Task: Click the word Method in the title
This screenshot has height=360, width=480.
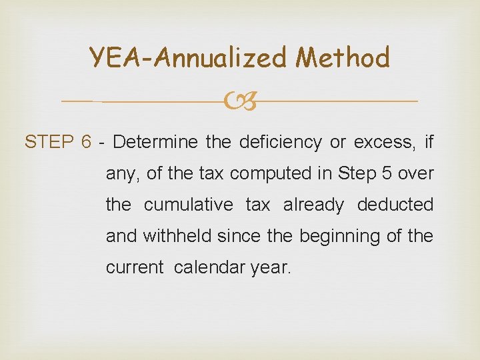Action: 343,57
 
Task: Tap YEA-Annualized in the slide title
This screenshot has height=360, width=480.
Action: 190,59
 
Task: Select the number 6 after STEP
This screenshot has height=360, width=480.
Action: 85,142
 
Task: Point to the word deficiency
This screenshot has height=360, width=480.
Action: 275,142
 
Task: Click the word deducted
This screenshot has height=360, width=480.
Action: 395,205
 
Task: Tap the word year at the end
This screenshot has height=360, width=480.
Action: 269,268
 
